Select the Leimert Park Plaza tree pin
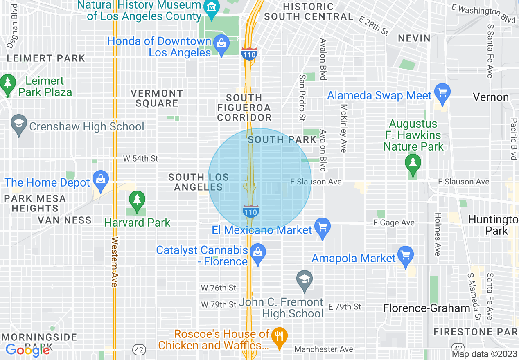coord(8,83)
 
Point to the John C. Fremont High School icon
coord(305,280)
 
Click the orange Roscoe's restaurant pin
coord(280,337)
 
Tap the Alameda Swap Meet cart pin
coord(442,92)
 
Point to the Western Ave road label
coord(114,262)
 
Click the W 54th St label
coord(140,158)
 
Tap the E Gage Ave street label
coord(393,223)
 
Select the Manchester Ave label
coord(323,349)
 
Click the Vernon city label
coord(490,97)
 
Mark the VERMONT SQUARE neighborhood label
coord(157,98)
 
